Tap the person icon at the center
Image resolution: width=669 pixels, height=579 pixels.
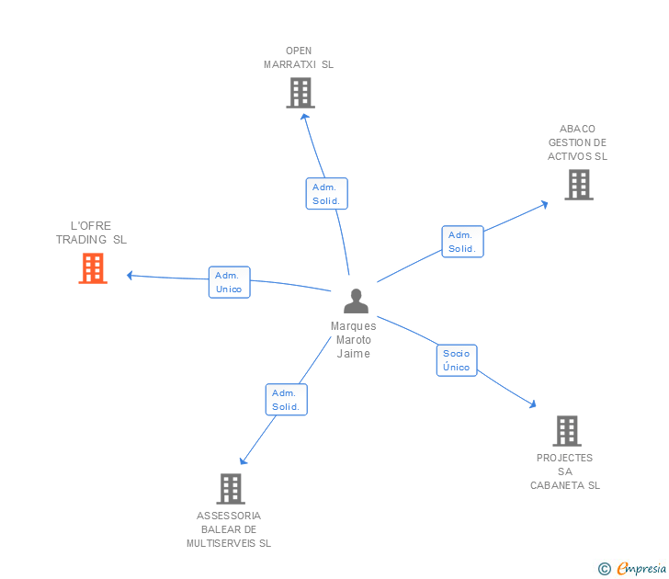[356, 301]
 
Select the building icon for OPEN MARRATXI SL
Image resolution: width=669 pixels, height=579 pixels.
[300, 93]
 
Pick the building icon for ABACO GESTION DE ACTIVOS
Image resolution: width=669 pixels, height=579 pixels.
[578, 185]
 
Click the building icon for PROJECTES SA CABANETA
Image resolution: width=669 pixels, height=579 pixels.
[567, 430]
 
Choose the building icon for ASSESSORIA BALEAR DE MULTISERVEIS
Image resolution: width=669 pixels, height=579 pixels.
[230, 488]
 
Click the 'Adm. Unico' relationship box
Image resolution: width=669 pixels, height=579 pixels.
[229, 282]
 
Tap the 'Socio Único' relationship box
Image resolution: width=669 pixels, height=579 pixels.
[456, 360]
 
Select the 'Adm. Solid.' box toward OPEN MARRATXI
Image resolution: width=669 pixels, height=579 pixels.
[326, 194]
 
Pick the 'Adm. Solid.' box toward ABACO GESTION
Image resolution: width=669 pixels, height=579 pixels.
[461, 242]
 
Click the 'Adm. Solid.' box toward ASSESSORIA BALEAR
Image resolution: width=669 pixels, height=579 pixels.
[287, 400]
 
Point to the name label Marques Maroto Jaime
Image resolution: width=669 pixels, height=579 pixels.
[354, 340]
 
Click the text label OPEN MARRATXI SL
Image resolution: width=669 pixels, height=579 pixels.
[299, 58]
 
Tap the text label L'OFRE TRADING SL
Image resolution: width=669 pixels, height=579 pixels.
[91, 233]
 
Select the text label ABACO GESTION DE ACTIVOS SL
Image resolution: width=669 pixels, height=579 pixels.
[578, 142]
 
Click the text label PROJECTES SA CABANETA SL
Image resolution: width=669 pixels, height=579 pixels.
[565, 471]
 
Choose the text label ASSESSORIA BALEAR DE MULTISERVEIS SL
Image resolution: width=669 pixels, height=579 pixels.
[229, 529]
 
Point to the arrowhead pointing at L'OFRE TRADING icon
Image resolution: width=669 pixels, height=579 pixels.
[130, 275]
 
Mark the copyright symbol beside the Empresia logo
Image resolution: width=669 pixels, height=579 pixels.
[605, 570]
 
